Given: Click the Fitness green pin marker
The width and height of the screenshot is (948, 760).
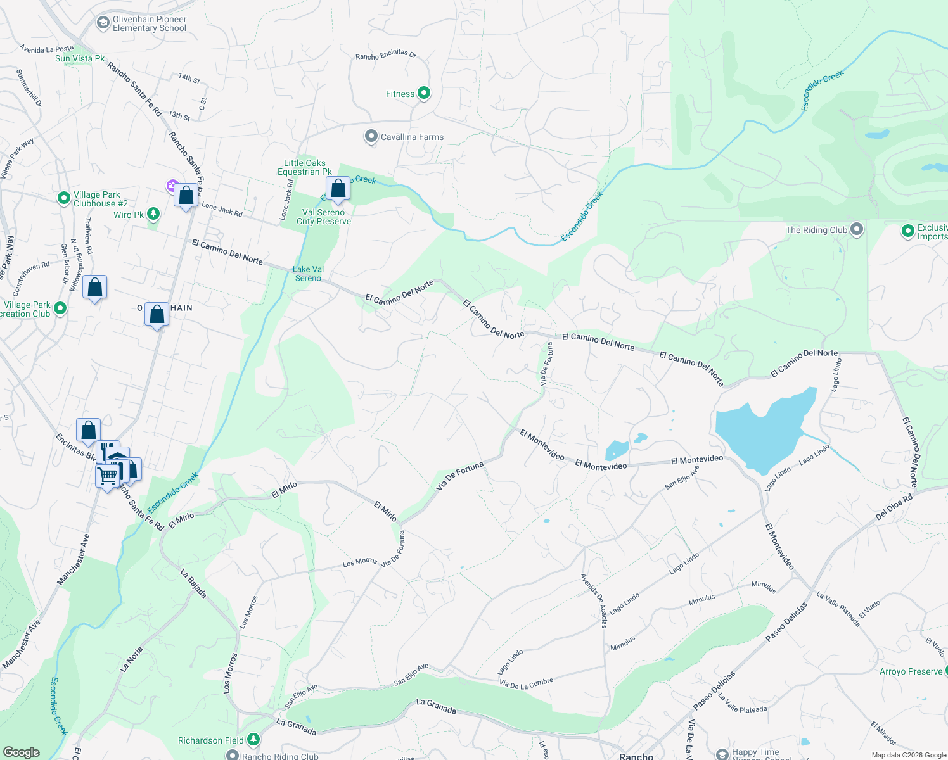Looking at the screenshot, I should [x=424, y=94].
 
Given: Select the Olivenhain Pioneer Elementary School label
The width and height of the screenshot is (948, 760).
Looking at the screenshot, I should [x=150, y=24].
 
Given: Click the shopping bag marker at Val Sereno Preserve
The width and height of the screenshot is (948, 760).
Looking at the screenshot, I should [x=338, y=189].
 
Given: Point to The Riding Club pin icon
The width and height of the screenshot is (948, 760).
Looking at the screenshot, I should [x=857, y=229].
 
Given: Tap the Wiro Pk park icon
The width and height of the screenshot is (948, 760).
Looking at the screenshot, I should [x=153, y=214].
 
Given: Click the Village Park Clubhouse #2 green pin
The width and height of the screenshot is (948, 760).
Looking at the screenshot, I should [x=63, y=198].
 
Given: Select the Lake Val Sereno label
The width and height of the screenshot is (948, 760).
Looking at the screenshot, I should [x=309, y=274].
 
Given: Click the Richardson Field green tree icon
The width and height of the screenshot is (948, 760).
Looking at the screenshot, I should [x=253, y=739].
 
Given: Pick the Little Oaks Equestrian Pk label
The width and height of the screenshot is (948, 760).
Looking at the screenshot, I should [x=305, y=167].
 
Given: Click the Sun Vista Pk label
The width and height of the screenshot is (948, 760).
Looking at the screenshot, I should [x=80, y=58].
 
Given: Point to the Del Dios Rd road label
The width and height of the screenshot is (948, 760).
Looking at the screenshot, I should [x=894, y=507].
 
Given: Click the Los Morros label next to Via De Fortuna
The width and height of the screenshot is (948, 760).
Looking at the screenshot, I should [x=360, y=562].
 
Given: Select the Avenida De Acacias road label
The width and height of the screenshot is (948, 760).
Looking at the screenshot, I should [x=603, y=600].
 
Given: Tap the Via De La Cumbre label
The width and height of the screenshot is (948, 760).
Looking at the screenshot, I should [x=526, y=683].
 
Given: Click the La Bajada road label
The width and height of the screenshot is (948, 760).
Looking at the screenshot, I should [x=194, y=583].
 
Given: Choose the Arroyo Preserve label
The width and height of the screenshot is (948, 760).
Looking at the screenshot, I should [x=911, y=671].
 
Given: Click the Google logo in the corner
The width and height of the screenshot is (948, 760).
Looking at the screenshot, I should [x=22, y=752].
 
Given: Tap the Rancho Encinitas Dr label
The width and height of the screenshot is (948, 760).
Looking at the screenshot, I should [x=386, y=55].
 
